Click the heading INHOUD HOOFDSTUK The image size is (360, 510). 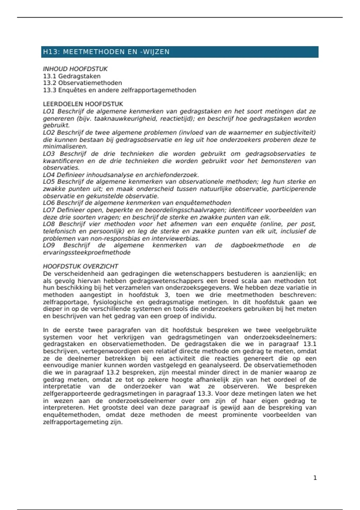75,69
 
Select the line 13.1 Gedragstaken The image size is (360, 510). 72,76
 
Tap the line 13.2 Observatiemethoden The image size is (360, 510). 82,83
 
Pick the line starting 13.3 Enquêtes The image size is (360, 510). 119,90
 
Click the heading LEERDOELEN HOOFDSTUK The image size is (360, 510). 83,104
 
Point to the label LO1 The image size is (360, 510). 49,111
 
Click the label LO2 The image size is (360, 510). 49,133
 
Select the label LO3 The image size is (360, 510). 49,154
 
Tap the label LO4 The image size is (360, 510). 49,175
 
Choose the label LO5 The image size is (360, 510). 49,182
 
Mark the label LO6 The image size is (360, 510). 49,203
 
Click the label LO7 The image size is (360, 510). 49,210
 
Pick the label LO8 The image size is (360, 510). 49,224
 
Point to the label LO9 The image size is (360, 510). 49,245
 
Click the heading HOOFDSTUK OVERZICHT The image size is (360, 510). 80,266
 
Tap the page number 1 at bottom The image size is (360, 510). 315,478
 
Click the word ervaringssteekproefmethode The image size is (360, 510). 87,253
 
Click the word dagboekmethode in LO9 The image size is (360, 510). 257,245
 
